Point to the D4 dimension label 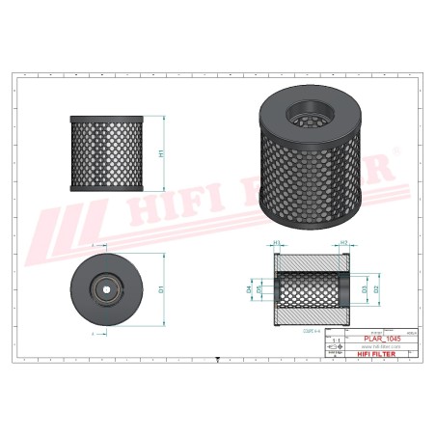248,288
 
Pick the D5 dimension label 258,288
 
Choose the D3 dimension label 364,288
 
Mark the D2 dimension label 377,288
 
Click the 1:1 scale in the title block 336,341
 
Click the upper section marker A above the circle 94,246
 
